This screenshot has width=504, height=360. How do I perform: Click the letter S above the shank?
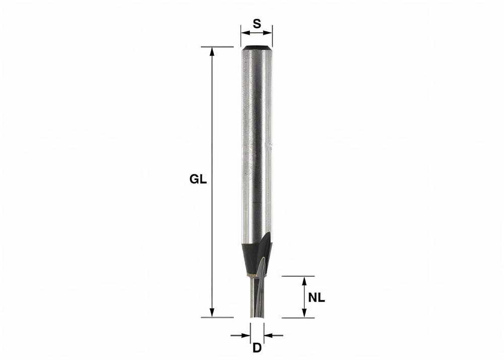click(257, 23)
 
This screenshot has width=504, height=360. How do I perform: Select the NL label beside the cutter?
click(317, 297)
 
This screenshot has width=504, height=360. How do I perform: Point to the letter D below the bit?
click(257, 348)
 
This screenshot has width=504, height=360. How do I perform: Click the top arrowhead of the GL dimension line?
click(212, 51)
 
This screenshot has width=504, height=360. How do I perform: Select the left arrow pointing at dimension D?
click(247, 335)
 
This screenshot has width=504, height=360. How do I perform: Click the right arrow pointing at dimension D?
click(267, 335)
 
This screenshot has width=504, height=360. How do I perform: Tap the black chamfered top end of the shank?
click(257, 48)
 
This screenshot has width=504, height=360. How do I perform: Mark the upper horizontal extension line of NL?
click(297, 276)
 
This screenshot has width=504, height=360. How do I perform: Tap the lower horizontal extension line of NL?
click(297, 318)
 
